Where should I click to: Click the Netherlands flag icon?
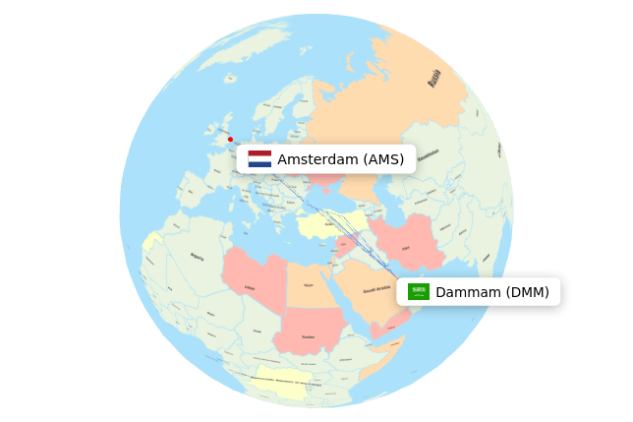[259, 158]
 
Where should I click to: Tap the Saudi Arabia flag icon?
[419, 291]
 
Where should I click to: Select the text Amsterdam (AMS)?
[340, 159]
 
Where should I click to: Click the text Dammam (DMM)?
[492, 292]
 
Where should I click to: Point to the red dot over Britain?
[230, 139]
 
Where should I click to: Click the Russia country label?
[434, 78]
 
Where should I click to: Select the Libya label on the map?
[250, 287]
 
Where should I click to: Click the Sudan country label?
[308, 336]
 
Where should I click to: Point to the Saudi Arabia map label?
[376, 290]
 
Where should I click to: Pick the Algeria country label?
[197, 257]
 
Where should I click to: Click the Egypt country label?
[308, 285]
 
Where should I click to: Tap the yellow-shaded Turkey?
[330, 225]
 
